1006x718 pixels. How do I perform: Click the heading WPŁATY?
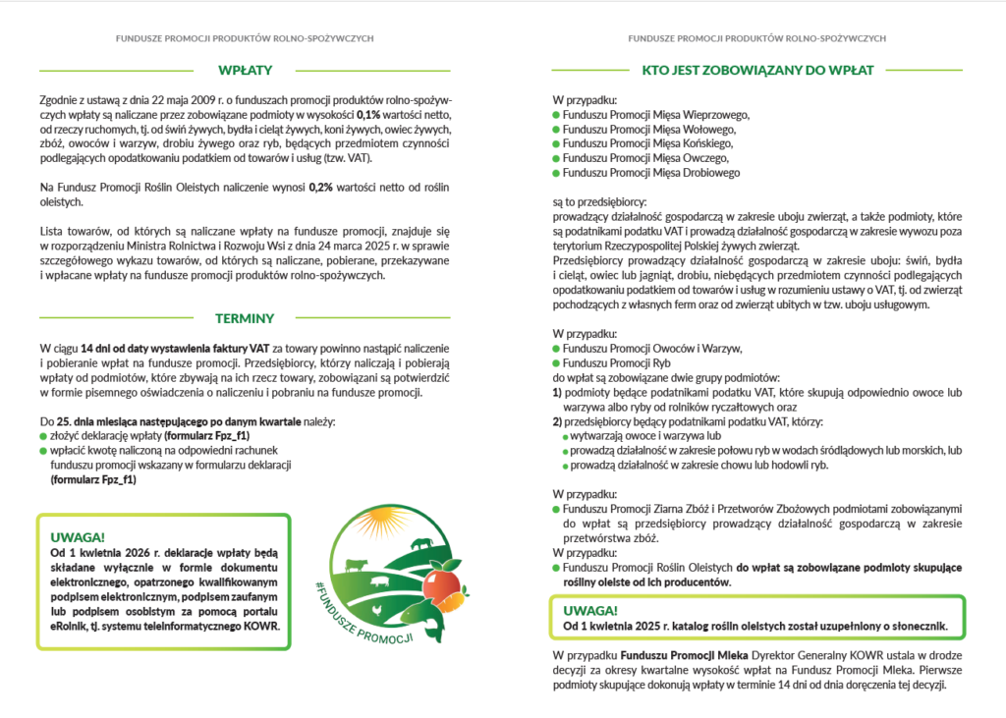coord(245,70)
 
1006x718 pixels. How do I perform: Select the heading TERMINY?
coord(245,318)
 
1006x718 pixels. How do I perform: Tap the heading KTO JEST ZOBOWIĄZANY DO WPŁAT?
coord(757,70)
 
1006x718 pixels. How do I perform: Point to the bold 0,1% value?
coord(367,116)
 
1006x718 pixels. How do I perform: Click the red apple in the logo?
coord(440,586)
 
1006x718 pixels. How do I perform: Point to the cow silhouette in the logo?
coord(355,566)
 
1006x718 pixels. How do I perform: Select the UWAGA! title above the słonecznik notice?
coord(589,609)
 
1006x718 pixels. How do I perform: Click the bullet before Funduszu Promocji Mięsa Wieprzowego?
coord(556,115)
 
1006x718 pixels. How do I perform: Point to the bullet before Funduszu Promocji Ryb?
coord(556,362)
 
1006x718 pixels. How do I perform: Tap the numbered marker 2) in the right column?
coord(557,420)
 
